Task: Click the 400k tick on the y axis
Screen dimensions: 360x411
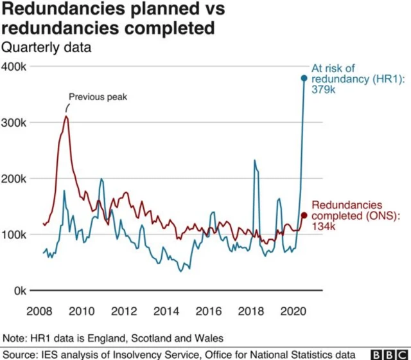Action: pyautogui.click(x=14, y=67)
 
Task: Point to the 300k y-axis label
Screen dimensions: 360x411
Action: pyautogui.click(x=14, y=123)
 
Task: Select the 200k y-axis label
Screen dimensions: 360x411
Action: pyautogui.click(x=14, y=179)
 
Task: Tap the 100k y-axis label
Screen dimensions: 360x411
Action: pyautogui.click(x=14, y=235)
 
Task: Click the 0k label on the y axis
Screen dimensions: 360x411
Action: pyautogui.click(x=19, y=291)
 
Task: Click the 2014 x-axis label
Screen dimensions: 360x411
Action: pyautogui.click(x=166, y=312)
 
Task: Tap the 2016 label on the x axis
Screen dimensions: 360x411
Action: pyautogui.click(x=208, y=312)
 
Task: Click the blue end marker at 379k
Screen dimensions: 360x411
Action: pyautogui.click(x=304, y=78)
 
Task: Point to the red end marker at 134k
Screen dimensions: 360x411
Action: pyautogui.click(x=304, y=215)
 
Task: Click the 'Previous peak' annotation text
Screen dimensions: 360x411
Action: pyautogui.click(x=98, y=98)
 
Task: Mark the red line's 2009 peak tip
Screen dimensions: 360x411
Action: pyautogui.click(x=66, y=116)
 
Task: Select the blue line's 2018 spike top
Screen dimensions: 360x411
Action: pyautogui.click(x=254, y=161)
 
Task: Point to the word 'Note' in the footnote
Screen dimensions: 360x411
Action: pyautogui.click(x=14, y=337)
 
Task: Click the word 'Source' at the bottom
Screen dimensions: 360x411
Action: pyautogui.click(x=18, y=354)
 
